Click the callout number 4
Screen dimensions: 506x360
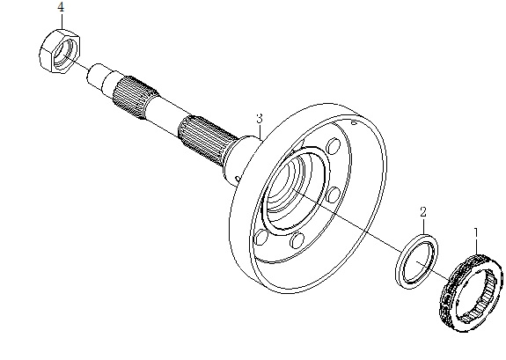[x=61, y=7]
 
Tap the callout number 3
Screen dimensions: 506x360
[x=260, y=119]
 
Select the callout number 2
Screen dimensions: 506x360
[x=423, y=212]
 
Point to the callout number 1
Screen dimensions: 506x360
[x=476, y=233]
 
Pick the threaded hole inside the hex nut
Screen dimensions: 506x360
[x=63, y=52]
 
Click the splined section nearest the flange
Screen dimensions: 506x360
[x=207, y=139]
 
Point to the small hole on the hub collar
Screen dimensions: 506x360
[x=238, y=179]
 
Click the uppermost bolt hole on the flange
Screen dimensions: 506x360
[x=334, y=146]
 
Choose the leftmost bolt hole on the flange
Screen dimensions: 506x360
[x=261, y=238]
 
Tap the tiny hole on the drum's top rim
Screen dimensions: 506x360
[x=354, y=122]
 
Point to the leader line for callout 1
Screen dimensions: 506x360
[x=476, y=246]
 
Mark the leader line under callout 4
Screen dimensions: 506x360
[x=62, y=21]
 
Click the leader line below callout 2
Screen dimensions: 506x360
[x=423, y=226]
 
